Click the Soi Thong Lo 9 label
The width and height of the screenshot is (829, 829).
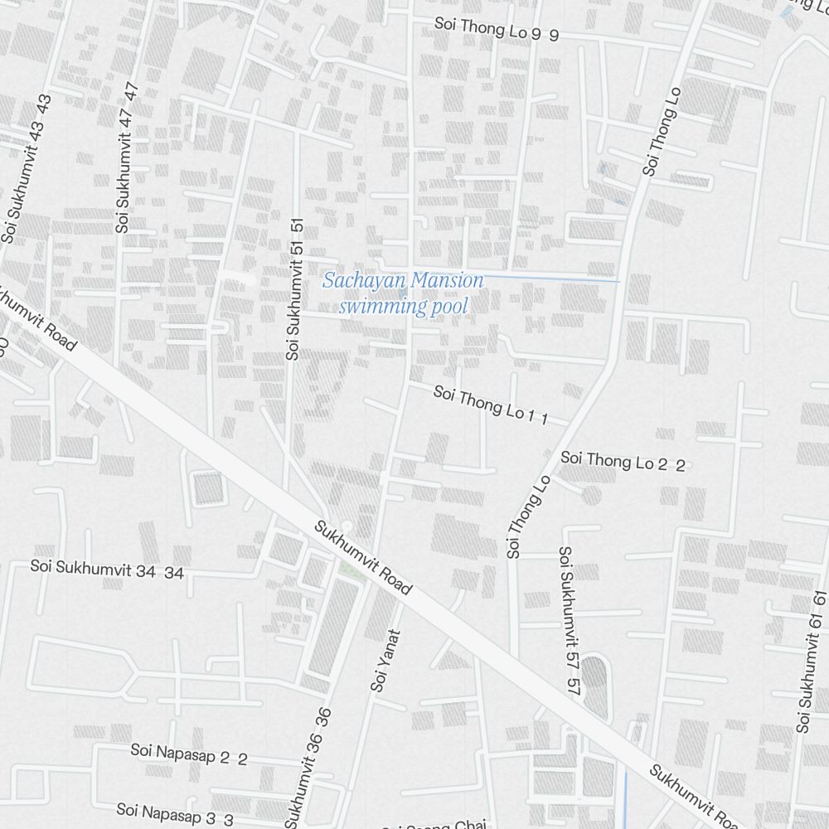[x=496, y=31]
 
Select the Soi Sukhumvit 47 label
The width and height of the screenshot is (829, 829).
[x=126, y=158]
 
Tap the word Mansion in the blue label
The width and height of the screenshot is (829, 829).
[x=446, y=281]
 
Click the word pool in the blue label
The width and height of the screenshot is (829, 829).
[x=448, y=307]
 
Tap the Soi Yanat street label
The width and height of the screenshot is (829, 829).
[x=385, y=661]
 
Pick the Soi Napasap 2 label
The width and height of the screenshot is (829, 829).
[x=188, y=754]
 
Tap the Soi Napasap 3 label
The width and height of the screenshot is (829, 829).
[x=175, y=814]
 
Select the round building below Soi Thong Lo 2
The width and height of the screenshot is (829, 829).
[x=591, y=495]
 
